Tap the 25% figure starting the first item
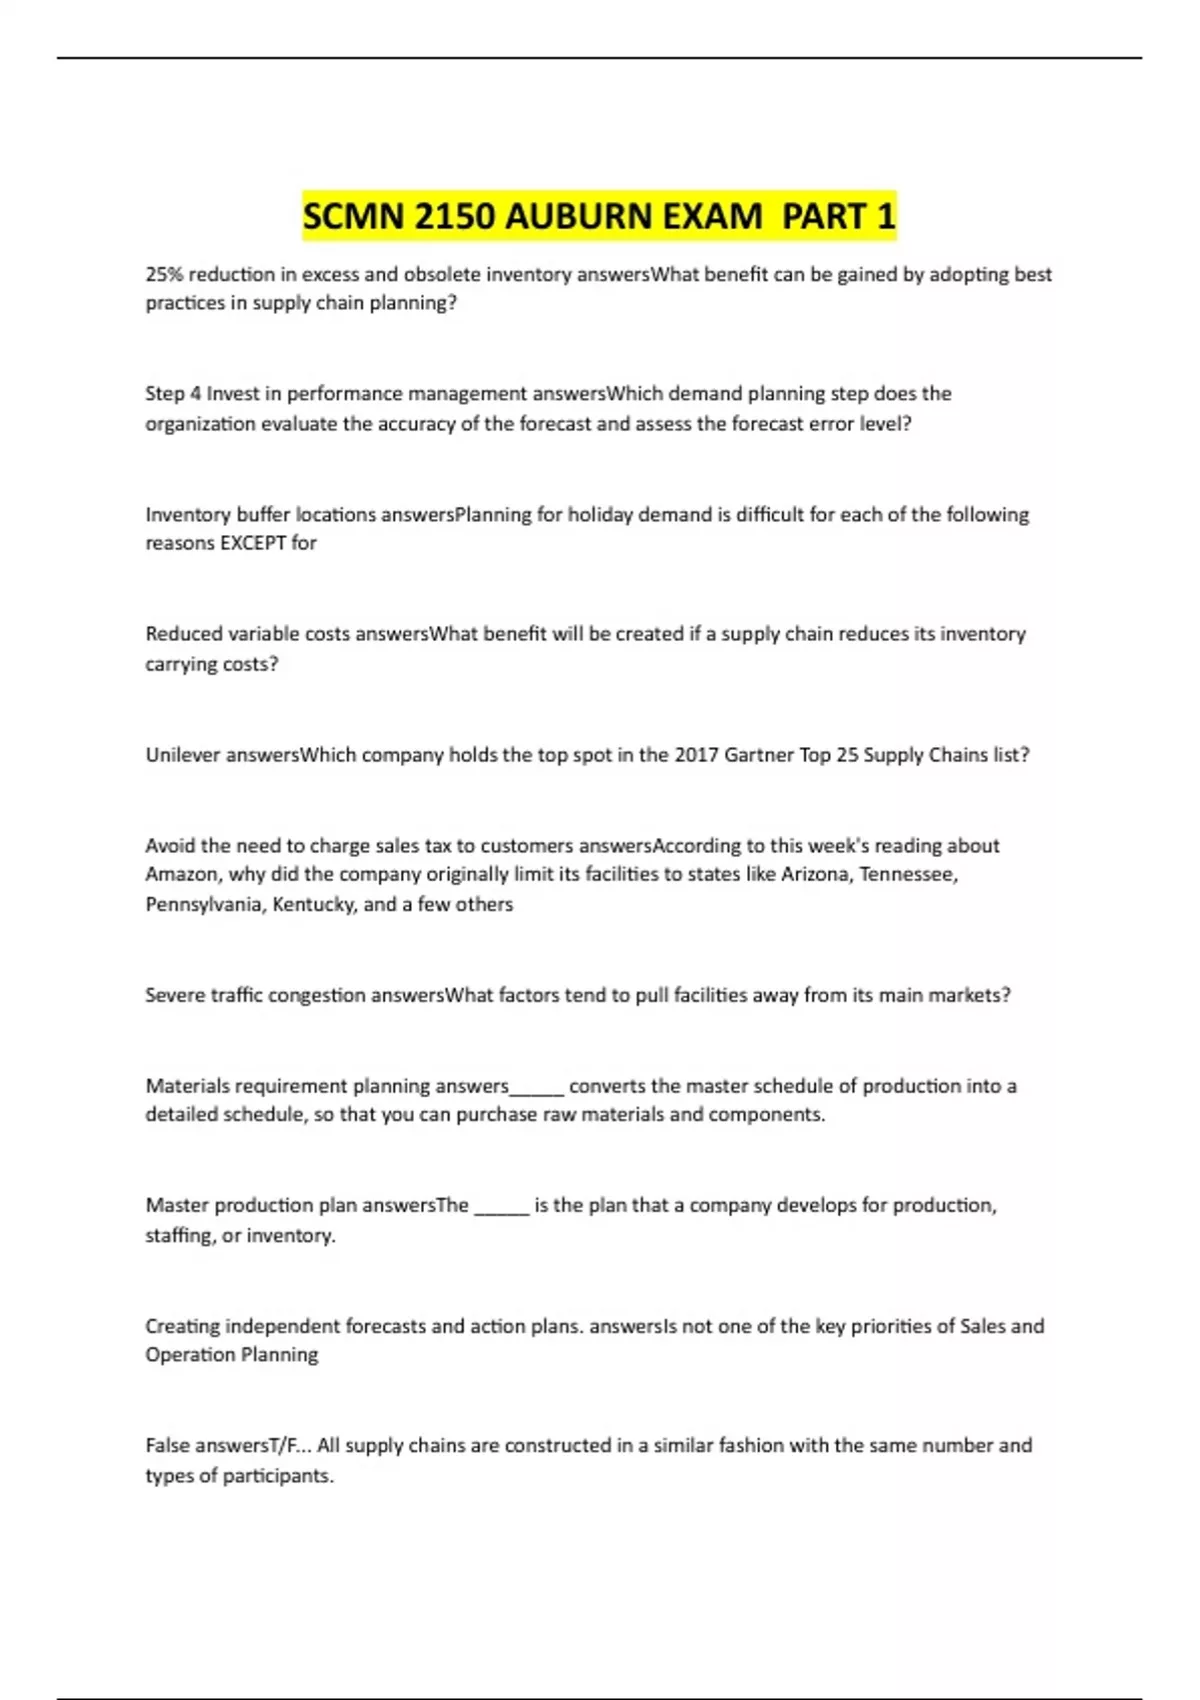pyautogui.click(x=164, y=274)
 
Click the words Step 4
pyautogui.click(x=173, y=394)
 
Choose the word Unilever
pyautogui.click(x=182, y=755)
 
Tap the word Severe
pyautogui.click(x=175, y=995)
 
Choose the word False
pyautogui.click(x=168, y=1446)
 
